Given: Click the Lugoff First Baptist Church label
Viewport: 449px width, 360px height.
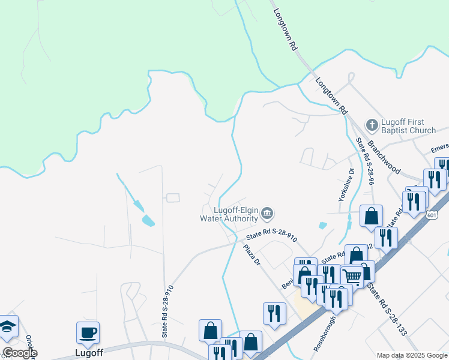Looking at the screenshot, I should click(409, 126).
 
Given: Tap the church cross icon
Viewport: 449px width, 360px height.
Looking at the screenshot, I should click(372, 125).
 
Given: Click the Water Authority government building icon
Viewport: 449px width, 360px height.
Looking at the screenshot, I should click(268, 214).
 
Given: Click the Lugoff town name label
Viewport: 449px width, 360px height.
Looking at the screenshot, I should click(89, 353).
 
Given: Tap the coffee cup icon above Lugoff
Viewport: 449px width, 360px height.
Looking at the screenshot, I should click(88, 332).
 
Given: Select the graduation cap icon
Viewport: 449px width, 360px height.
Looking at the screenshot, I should click(7, 326).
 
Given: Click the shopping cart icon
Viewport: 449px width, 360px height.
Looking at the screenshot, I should click(352, 277).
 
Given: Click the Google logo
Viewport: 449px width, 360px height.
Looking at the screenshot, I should click(20, 353).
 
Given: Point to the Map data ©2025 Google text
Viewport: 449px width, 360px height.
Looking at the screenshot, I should click(412, 355).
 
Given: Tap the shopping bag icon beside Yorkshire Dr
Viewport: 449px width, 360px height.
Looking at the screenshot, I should click(371, 215).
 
